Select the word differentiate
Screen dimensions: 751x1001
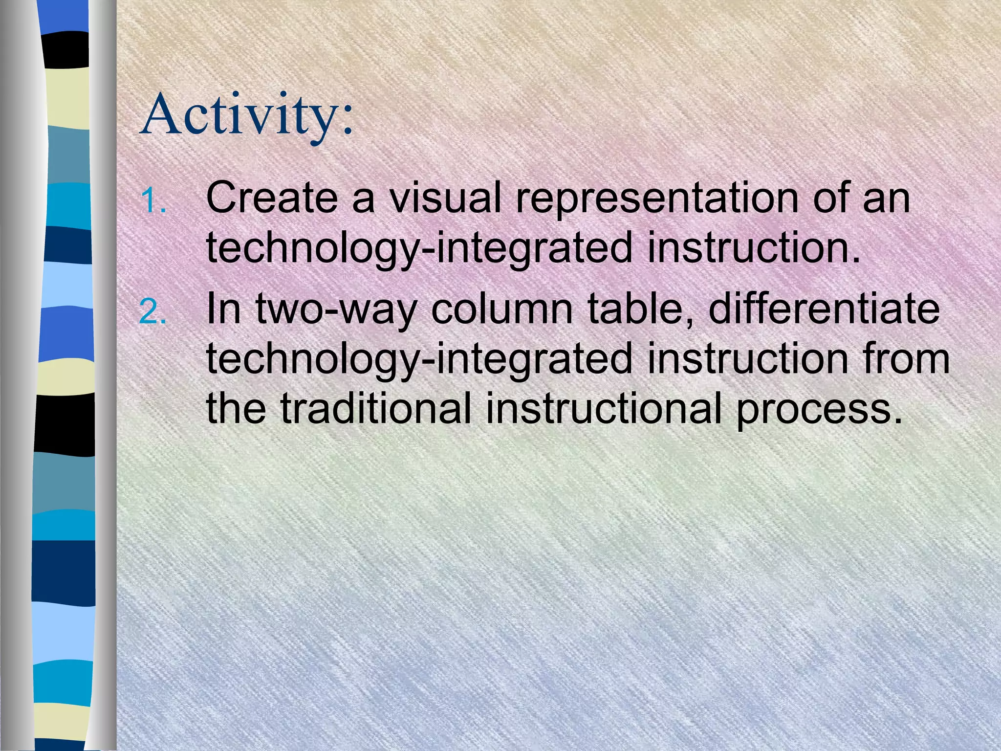coord(824,309)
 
